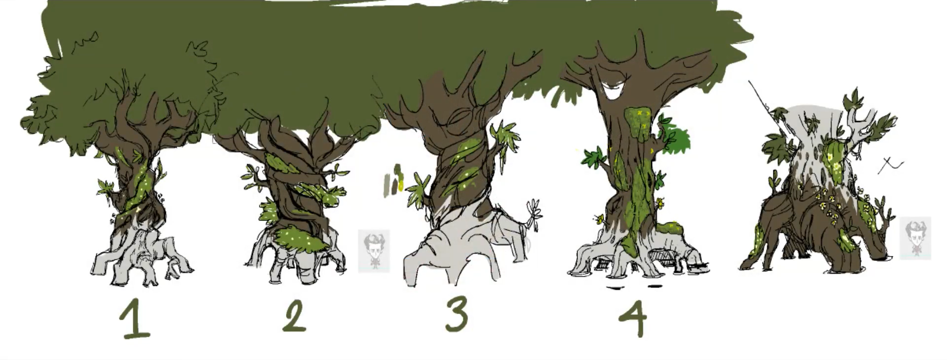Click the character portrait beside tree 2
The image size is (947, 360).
374,251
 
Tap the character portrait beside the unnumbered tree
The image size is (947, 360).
915,238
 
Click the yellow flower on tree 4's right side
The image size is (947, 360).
659,203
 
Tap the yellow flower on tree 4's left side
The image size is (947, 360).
600,219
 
